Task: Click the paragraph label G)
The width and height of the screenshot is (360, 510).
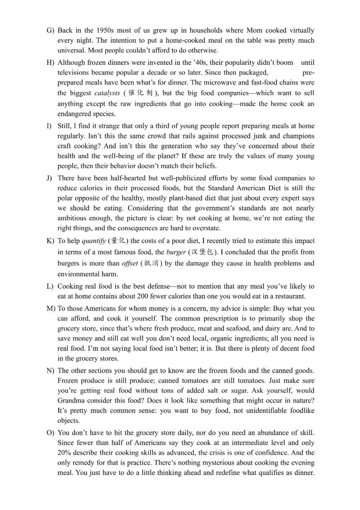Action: pyautogui.click(x=50, y=31)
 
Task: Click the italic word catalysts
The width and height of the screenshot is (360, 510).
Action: pyautogui.click(x=107, y=93)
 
